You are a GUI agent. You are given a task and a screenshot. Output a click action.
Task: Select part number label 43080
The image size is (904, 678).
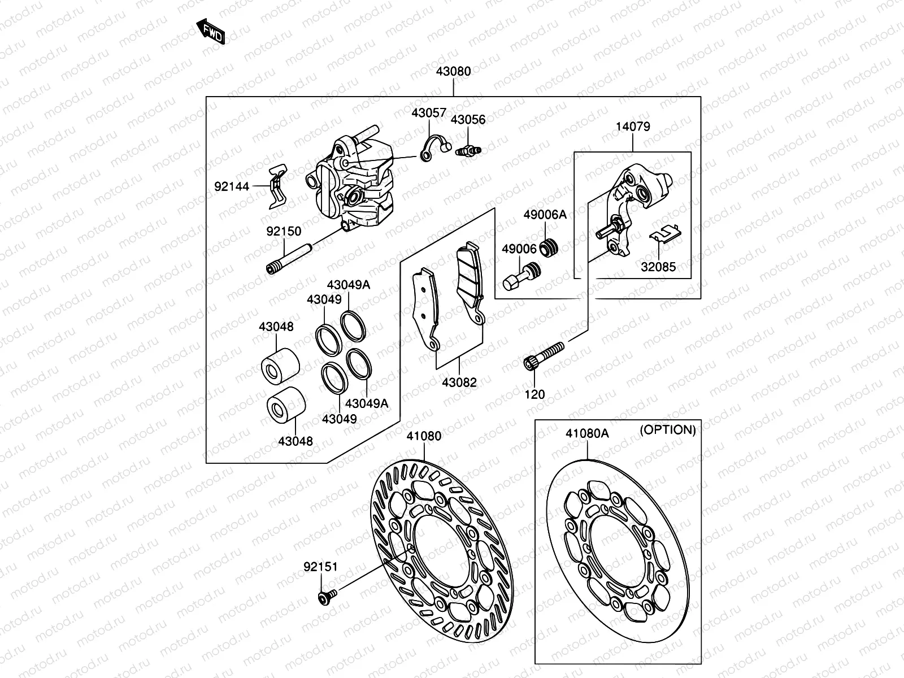point(453,72)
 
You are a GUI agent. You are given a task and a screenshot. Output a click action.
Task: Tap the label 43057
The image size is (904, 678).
point(429,112)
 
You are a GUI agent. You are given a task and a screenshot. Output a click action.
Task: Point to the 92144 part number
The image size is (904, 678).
point(232,186)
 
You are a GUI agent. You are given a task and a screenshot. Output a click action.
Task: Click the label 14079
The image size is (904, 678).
point(633,127)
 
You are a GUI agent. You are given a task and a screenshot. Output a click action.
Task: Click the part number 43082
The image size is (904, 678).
point(459,383)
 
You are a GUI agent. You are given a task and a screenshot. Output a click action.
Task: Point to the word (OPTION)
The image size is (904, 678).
point(667,430)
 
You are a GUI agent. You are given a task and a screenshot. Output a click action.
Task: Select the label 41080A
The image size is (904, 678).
point(588,434)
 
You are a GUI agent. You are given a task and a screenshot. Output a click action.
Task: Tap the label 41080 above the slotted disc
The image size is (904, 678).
point(424,436)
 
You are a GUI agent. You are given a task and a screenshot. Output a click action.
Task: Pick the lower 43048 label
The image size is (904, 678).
point(295,441)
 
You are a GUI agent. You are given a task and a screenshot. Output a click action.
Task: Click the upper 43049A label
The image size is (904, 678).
point(348,285)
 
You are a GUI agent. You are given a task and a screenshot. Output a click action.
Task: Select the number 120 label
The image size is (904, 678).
point(534,394)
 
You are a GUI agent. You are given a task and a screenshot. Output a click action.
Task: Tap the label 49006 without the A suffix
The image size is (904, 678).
point(519,249)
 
